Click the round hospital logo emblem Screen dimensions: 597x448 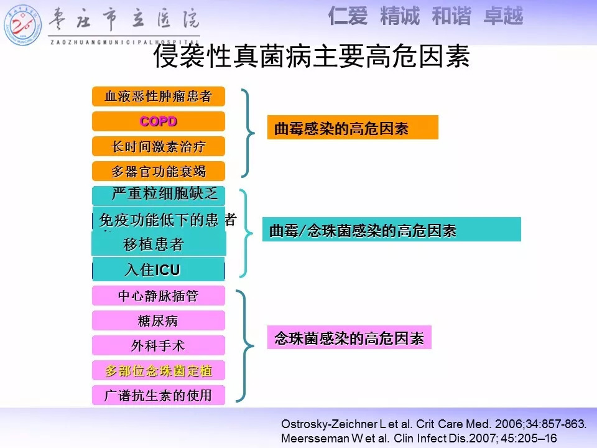(x=22, y=25)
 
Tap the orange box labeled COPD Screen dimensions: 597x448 (x=159, y=121)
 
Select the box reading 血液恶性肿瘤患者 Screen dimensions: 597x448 (x=159, y=96)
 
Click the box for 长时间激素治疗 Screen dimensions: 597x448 (x=159, y=146)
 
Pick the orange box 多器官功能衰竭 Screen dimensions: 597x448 (x=159, y=171)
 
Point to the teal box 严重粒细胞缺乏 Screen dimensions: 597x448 (x=159, y=195)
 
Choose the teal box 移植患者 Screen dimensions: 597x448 (x=159, y=244)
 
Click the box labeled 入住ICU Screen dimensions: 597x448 (x=159, y=269)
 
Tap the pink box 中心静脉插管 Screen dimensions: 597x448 (x=159, y=296)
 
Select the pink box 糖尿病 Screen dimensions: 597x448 (x=159, y=320)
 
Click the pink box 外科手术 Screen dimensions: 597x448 (x=159, y=345)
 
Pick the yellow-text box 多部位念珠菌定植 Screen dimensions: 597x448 (x=159, y=370)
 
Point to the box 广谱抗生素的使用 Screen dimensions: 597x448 (x=159, y=395)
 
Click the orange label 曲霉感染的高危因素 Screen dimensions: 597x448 (x=353, y=127)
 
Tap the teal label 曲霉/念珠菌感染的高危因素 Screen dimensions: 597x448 (x=391, y=230)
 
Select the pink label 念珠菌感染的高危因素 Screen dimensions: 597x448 (x=349, y=337)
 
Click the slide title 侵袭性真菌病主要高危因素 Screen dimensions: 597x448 (x=312, y=57)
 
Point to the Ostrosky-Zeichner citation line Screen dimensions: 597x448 (x=433, y=424)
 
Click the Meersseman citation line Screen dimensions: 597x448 (x=419, y=438)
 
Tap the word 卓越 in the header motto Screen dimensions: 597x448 (x=504, y=16)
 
